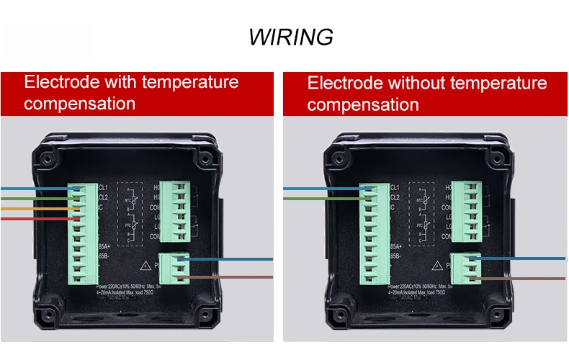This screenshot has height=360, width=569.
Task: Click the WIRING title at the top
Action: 291,37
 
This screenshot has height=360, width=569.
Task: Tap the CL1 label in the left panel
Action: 103,187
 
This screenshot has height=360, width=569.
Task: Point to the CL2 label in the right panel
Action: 395,197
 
